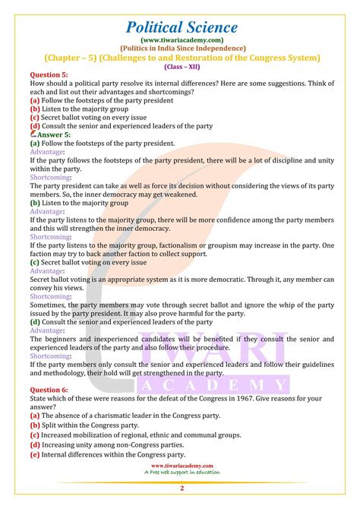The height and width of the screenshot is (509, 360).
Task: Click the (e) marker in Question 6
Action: tap(35, 454)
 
